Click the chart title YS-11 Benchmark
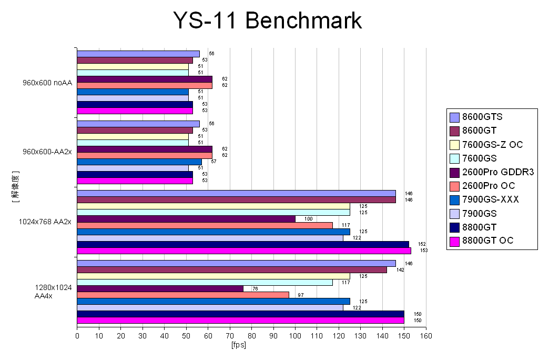(268, 21)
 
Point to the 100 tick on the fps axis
(296, 335)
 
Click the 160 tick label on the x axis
(426, 335)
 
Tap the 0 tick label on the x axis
(77, 335)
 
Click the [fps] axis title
(238, 345)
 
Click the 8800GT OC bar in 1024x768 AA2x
(244, 251)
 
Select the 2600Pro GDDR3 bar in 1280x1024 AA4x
(160, 288)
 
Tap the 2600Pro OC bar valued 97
(183, 295)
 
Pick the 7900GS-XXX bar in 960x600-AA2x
(139, 162)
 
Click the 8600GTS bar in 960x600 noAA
(138, 54)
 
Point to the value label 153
(416, 251)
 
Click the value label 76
(255, 288)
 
